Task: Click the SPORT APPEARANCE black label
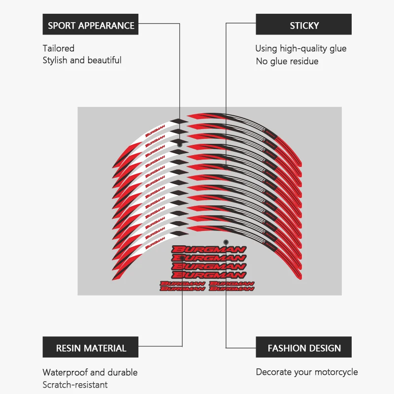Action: point(91,25)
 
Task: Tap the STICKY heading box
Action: point(304,25)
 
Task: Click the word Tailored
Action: point(59,48)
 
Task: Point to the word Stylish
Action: point(55,60)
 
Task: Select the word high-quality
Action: point(301,48)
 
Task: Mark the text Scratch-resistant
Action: point(75,385)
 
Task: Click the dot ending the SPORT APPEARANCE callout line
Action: point(180,145)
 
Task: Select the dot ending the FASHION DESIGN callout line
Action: point(226,242)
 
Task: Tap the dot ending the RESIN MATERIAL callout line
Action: point(183,257)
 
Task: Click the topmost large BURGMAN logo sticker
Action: point(209,249)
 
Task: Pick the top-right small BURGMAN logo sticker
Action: point(231,284)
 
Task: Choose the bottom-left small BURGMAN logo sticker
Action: point(182,289)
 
